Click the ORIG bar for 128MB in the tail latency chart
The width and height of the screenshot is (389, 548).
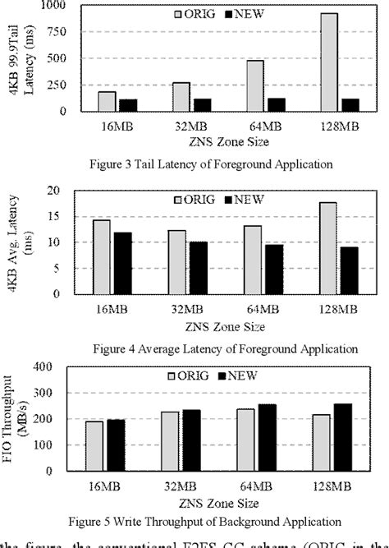[x=328, y=62]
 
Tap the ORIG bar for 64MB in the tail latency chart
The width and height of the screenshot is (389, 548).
[x=256, y=86]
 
